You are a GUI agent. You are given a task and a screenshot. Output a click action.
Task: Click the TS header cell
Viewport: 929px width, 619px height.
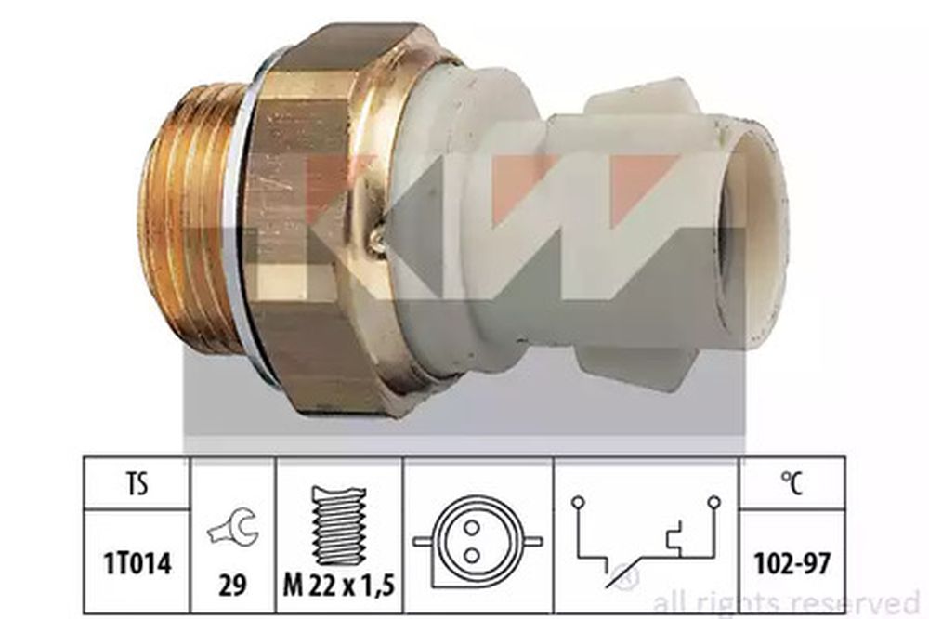coord(137,483)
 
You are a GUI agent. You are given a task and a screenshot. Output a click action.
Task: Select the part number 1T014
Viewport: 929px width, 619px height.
coord(137,563)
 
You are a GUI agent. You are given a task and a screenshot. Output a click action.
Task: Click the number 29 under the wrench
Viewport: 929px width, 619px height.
coord(232,586)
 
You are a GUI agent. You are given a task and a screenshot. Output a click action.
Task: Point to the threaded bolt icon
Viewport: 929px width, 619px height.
coord(339,526)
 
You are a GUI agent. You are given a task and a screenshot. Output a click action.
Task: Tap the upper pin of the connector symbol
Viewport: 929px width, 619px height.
coord(472,527)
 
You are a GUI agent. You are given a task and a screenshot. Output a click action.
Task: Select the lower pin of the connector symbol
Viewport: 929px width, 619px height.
coord(472,556)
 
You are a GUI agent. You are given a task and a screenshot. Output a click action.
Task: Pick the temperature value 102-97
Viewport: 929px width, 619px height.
coord(792,564)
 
